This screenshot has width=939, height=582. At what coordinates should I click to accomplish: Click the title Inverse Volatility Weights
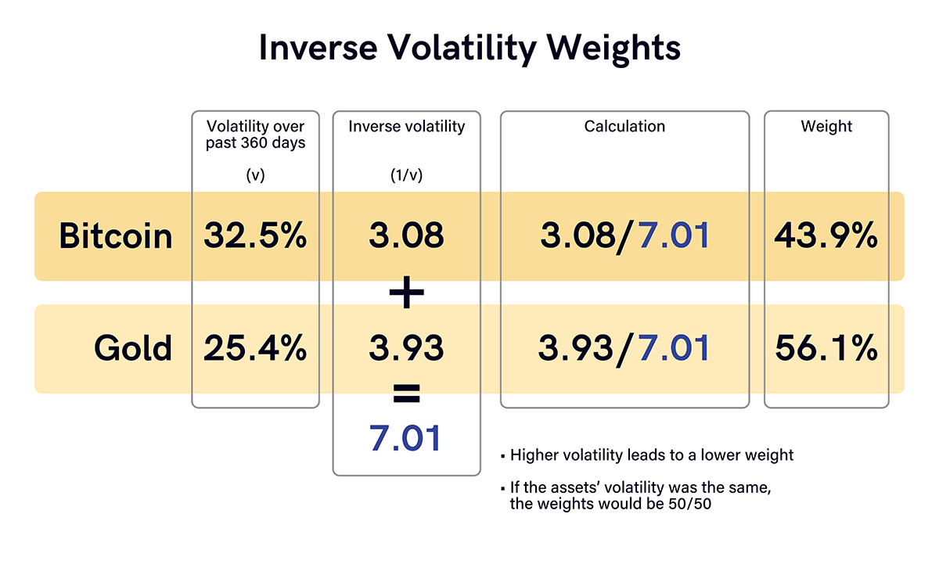click(469, 48)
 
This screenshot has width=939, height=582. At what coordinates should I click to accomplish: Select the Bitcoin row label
click(116, 235)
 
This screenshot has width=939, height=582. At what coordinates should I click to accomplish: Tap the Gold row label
click(133, 348)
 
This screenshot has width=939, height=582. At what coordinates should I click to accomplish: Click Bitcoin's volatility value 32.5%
click(256, 235)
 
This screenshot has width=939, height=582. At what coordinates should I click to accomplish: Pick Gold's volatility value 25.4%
click(256, 348)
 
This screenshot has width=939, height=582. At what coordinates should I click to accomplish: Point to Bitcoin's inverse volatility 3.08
click(406, 235)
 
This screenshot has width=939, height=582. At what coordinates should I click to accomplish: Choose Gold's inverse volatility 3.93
click(406, 348)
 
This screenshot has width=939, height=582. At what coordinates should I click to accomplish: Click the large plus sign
click(406, 293)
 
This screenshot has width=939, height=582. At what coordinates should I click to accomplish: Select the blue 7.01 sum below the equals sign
click(406, 438)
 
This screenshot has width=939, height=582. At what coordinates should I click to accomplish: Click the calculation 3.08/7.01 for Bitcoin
click(624, 235)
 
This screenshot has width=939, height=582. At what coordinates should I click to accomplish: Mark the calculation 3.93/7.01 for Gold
click(624, 348)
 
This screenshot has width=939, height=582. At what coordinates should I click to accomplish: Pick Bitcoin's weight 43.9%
click(826, 235)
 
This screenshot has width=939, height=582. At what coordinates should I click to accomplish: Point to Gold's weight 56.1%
click(826, 348)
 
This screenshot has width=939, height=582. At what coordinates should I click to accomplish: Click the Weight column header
click(826, 127)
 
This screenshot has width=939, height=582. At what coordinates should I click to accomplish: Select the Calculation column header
click(624, 127)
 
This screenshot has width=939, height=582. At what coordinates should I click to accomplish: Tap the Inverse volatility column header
click(406, 127)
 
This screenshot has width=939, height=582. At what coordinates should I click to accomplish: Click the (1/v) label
click(406, 175)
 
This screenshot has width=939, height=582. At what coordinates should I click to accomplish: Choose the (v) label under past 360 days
click(256, 175)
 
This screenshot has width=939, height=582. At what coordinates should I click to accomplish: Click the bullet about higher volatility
click(651, 455)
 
